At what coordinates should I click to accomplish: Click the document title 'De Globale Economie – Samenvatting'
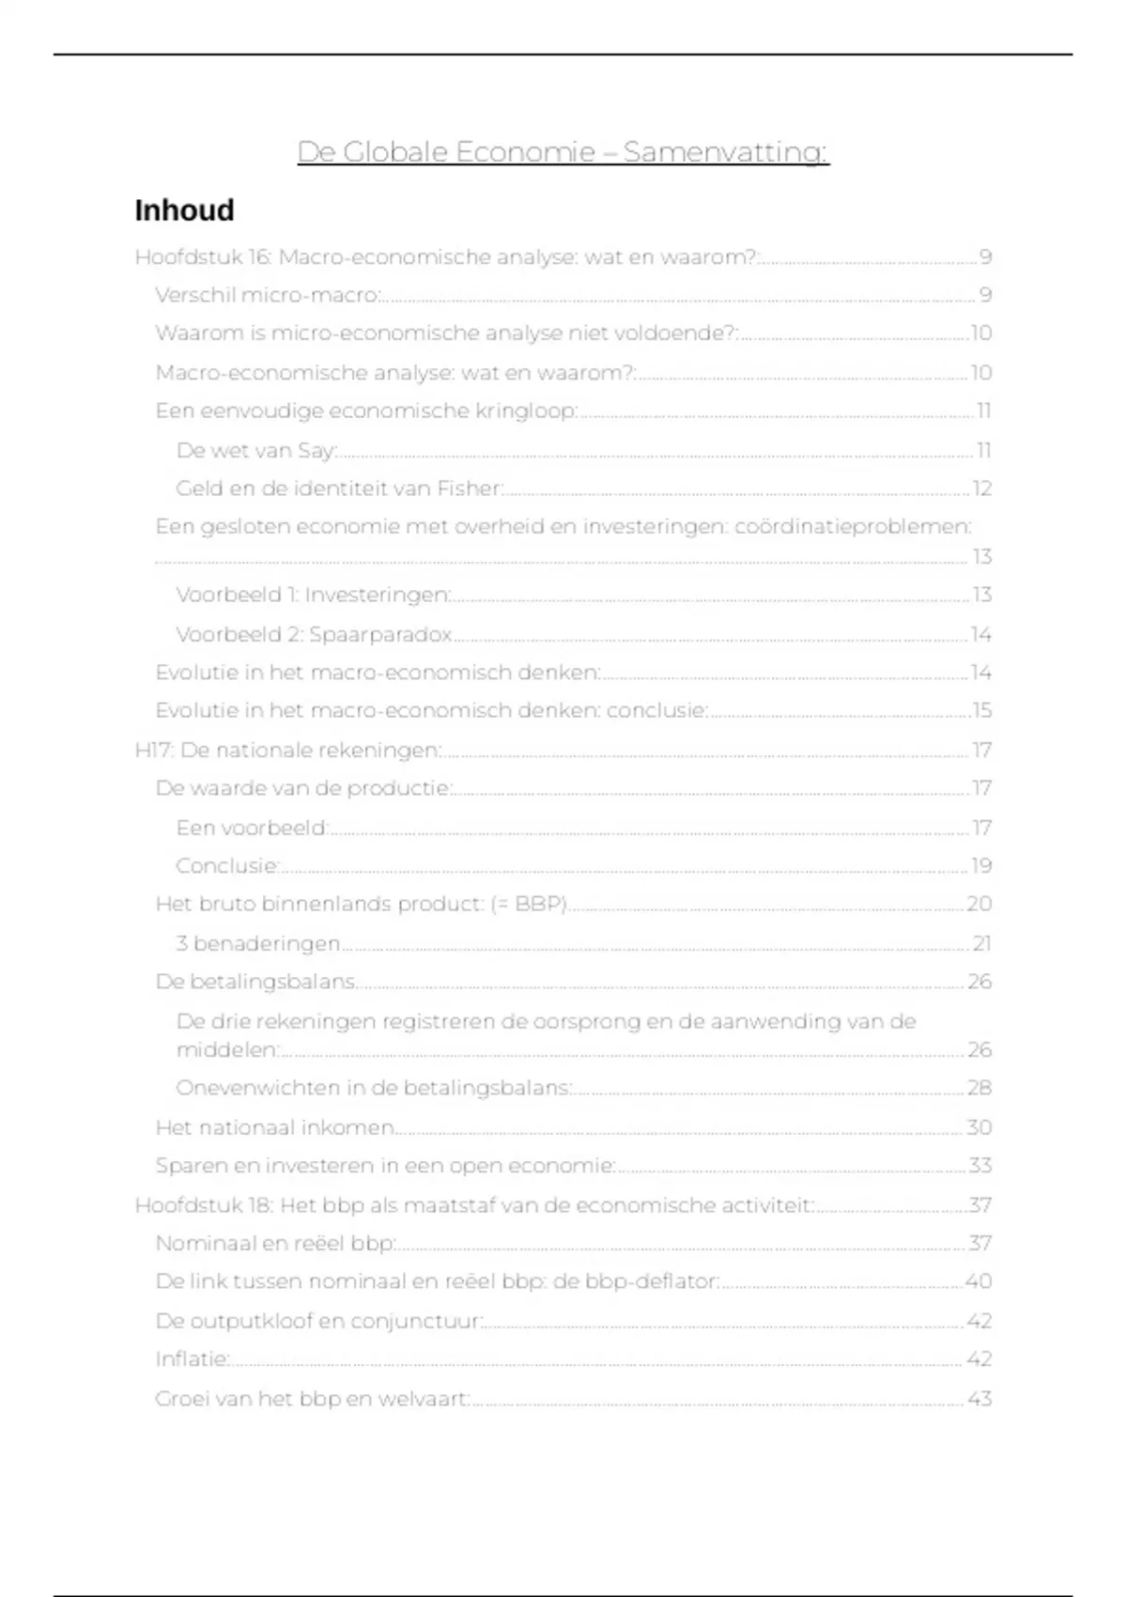(563, 151)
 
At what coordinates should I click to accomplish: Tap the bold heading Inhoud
(184, 210)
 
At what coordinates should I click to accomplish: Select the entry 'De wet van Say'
(256, 451)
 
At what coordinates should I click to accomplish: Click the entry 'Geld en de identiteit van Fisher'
(340, 488)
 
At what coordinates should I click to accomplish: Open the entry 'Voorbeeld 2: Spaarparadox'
(315, 635)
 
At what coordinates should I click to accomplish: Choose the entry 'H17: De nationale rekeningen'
(288, 751)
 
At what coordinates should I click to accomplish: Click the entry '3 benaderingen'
(258, 943)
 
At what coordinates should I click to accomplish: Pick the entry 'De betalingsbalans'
(255, 982)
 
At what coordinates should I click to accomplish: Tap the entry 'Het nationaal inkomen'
(274, 1127)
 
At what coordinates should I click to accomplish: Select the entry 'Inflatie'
(193, 1359)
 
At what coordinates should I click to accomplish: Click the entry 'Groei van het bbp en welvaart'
(312, 1399)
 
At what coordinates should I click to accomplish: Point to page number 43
(980, 1399)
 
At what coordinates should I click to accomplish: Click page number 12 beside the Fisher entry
(981, 488)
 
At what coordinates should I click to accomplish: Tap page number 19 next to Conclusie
(981, 866)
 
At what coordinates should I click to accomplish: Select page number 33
(980, 1166)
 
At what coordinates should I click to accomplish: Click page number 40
(979, 1281)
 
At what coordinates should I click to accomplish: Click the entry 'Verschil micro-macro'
(268, 295)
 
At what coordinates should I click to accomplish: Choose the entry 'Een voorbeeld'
(252, 828)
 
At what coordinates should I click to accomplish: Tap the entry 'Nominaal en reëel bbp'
(275, 1243)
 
